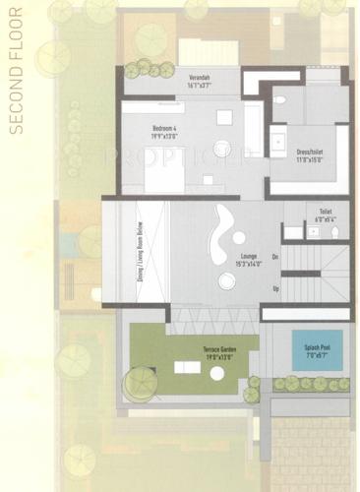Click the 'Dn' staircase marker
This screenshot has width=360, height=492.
click(275, 256)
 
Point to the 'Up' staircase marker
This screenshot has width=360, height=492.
click(275, 288)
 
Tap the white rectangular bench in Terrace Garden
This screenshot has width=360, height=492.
click(187, 367)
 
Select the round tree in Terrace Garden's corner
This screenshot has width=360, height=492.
click(139, 383)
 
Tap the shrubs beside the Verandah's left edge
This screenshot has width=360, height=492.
click(144, 69)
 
